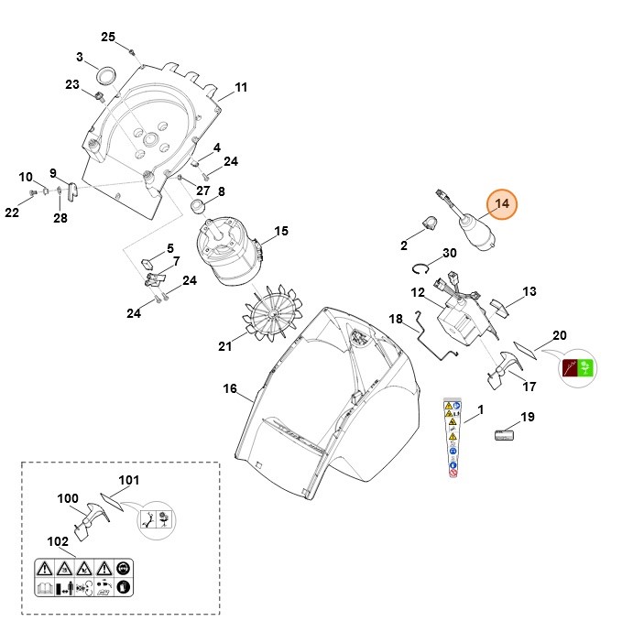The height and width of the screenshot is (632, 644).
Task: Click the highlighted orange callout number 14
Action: tap(502, 204)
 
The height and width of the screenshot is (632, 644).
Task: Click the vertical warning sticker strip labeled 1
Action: tap(451, 439)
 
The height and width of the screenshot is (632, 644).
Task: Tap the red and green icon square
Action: tap(574, 371)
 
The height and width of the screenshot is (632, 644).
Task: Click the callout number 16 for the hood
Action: tap(230, 388)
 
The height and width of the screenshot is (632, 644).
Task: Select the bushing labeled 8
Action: tap(197, 208)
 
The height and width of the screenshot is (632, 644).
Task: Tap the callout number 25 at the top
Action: tap(108, 37)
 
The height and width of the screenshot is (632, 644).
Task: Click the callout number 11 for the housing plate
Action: tap(241, 88)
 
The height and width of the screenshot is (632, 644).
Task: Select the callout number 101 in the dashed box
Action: tap(128, 479)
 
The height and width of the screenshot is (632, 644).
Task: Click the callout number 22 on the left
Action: tap(11, 212)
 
